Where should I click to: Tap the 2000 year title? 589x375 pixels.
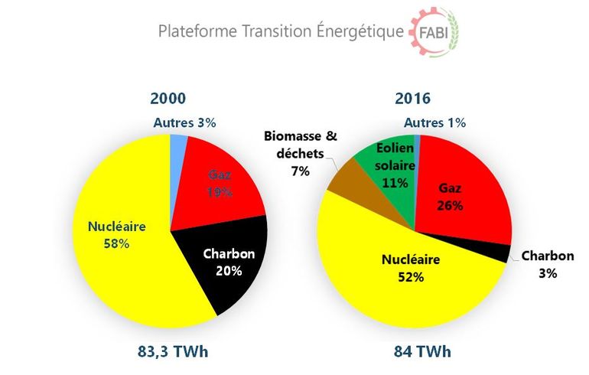[168, 99]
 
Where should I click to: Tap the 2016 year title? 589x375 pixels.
[414, 99]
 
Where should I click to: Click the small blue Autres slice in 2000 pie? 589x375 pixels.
[179, 145]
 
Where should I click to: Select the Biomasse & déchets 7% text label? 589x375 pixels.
[301, 154]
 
